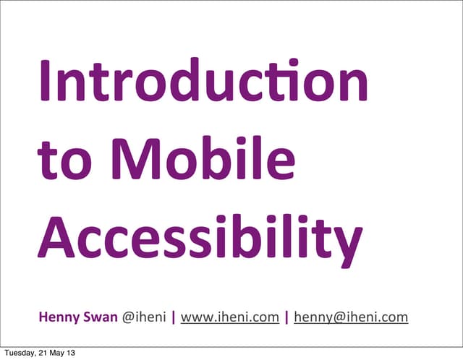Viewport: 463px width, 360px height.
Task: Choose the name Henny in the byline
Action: pos(59,317)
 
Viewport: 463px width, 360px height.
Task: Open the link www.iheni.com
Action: pos(229,317)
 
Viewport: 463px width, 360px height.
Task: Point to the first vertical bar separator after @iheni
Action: pos(173,317)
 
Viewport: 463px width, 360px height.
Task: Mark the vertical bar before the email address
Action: pos(287,317)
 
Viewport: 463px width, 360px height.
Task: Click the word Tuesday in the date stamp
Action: pos(19,353)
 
